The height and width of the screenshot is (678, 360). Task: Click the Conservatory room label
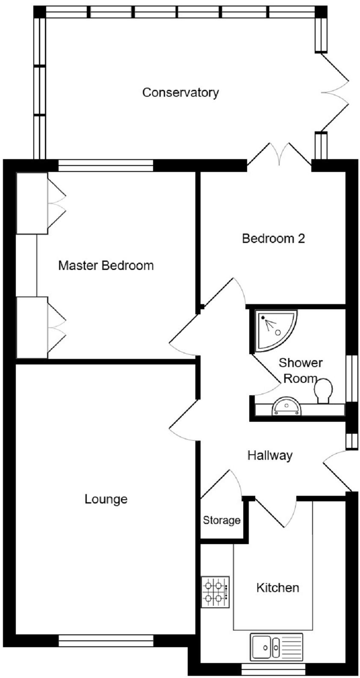180,92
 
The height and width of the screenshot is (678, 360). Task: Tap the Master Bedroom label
106,266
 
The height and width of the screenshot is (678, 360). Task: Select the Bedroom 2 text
273,238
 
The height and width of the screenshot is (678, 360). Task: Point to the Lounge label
106,499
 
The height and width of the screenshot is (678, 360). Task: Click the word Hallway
270,456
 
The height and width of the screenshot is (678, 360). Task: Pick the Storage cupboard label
221,521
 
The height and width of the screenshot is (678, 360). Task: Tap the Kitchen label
277,588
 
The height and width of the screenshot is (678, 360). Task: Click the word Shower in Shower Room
301,363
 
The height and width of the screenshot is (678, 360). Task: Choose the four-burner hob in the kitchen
215,592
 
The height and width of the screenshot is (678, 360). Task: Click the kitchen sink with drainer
277,646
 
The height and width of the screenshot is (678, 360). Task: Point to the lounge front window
106,640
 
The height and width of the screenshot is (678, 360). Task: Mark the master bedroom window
106,166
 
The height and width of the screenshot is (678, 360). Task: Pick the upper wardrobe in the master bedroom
32,203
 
